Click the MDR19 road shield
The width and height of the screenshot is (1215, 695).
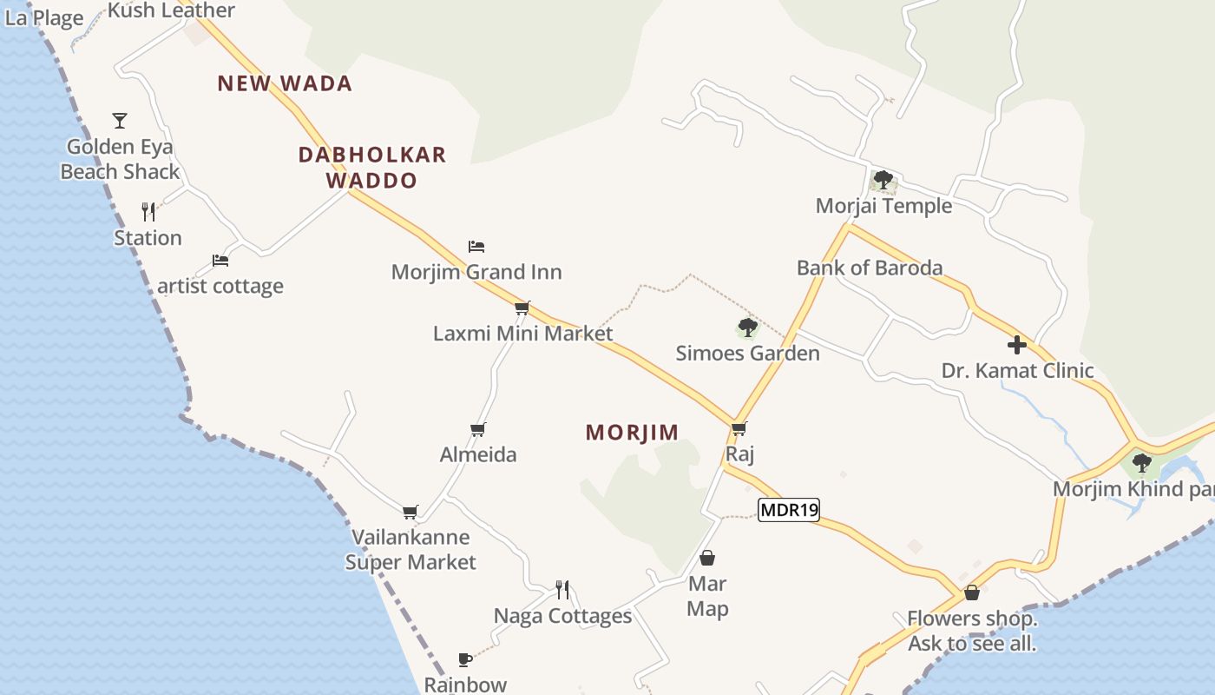[789, 510]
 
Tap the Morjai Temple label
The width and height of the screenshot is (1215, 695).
[883, 206]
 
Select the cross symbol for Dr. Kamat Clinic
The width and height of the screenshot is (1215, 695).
[1017, 345]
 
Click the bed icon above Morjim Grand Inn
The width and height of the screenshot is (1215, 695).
[476, 247]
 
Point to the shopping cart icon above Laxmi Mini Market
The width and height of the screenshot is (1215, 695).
[522, 308]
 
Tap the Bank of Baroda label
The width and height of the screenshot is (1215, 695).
[870, 268]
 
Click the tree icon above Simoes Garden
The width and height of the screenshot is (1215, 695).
[747, 328]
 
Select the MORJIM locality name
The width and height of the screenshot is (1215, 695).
[632, 433]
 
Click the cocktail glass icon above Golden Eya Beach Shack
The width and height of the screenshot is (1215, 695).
[120, 120]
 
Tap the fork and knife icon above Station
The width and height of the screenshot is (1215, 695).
[148, 211]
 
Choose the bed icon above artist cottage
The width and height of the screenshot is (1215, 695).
[220, 260]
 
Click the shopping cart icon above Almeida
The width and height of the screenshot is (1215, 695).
[477, 429]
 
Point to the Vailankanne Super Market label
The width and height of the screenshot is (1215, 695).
[410, 550]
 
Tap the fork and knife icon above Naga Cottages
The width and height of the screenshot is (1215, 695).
[562, 590]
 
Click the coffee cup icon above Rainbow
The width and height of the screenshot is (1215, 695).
[465, 659]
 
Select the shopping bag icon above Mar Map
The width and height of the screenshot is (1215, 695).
[707, 558]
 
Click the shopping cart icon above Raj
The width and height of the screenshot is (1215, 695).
[739, 428]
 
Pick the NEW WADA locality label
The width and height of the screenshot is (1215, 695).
[285, 83]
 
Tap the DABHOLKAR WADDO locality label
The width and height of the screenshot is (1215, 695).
[371, 168]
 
